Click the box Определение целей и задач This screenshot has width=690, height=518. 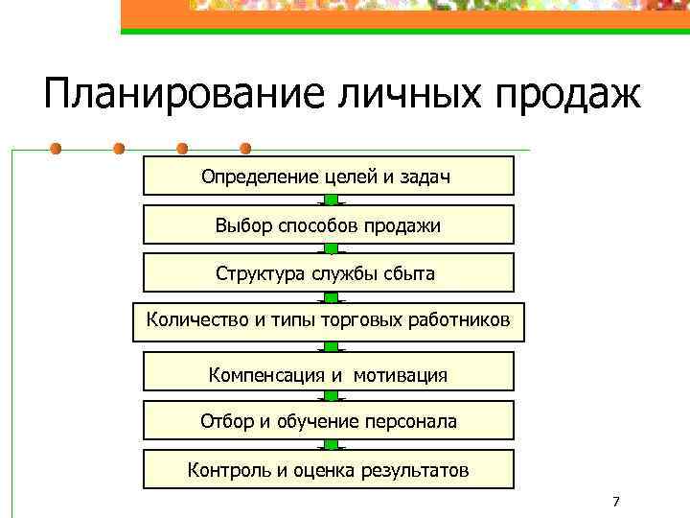[328, 177]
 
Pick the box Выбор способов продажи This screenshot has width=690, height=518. [328, 225]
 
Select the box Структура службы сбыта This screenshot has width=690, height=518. [328, 273]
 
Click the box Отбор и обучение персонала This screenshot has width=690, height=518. [328, 421]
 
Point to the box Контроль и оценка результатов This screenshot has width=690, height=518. [328, 470]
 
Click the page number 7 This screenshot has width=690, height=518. [615, 502]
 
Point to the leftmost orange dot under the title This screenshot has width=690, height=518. [57, 149]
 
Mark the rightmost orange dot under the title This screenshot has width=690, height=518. [245, 149]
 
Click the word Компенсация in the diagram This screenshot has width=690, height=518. [267, 374]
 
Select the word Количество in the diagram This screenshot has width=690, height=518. [197, 319]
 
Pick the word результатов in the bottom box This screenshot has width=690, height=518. [415, 470]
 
